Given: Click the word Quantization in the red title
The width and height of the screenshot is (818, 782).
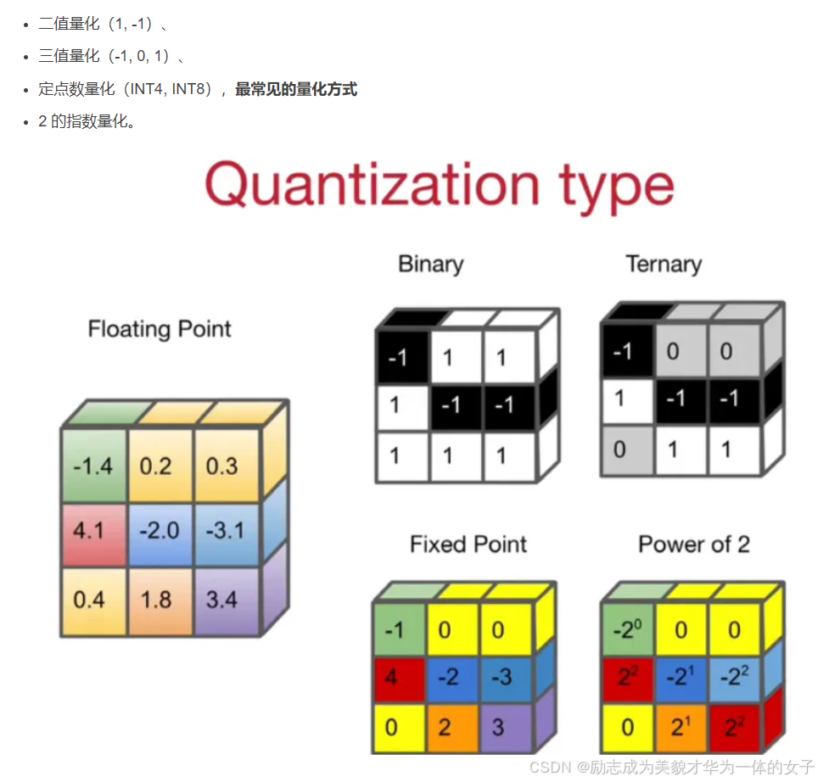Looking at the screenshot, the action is (x=371, y=185).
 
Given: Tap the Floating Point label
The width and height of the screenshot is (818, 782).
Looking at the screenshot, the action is (x=160, y=329).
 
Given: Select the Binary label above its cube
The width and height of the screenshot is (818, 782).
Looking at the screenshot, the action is (x=430, y=264).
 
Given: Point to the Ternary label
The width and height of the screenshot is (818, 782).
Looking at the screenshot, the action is (x=664, y=264).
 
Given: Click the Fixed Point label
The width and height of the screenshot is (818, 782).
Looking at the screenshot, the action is (x=468, y=544).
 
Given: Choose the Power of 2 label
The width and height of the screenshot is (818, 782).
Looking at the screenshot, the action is (x=694, y=544).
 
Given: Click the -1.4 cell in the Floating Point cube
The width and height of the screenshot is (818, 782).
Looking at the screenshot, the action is (x=93, y=466).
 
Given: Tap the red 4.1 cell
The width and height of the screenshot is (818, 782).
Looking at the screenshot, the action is (x=89, y=531).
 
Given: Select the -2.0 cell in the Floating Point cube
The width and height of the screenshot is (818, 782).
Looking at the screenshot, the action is (x=159, y=531).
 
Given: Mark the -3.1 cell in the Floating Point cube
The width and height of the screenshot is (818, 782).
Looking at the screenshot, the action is (x=225, y=531).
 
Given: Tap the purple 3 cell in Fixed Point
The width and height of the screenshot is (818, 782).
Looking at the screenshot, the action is (x=502, y=727).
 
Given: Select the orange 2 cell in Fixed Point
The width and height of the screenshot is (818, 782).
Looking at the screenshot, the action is (x=449, y=727).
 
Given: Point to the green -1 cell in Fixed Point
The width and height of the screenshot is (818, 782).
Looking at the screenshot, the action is (x=395, y=630).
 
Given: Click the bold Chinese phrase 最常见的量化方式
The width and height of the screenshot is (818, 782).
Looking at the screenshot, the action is (x=296, y=89).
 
